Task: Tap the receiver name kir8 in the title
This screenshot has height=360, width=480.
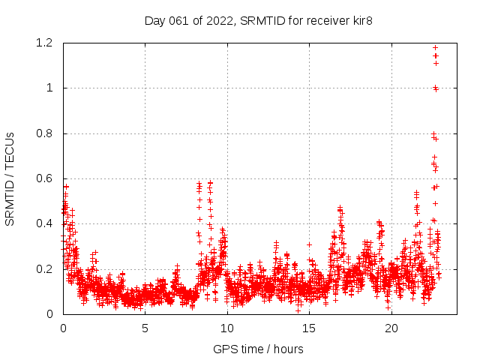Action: tap(360, 21)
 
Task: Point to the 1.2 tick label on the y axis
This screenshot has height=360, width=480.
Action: tap(44, 43)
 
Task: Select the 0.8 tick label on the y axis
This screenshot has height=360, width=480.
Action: tap(44, 133)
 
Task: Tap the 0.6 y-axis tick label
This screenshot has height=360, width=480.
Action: tap(44, 178)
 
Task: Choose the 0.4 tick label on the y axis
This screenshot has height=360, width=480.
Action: tap(44, 223)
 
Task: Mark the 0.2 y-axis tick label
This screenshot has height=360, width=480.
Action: tap(44, 268)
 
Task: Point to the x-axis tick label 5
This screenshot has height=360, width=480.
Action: tap(145, 328)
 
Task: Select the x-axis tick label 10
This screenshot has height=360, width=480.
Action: tap(227, 328)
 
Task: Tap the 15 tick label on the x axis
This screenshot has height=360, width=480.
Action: tap(309, 328)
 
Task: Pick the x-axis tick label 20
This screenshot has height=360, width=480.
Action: tap(391, 328)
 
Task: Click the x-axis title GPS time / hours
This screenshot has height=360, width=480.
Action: tap(258, 349)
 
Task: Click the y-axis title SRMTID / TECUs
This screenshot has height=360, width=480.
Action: tap(10, 178)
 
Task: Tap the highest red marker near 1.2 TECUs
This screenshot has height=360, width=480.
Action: tap(436, 48)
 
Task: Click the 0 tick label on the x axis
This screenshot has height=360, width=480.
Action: tap(63, 328)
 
